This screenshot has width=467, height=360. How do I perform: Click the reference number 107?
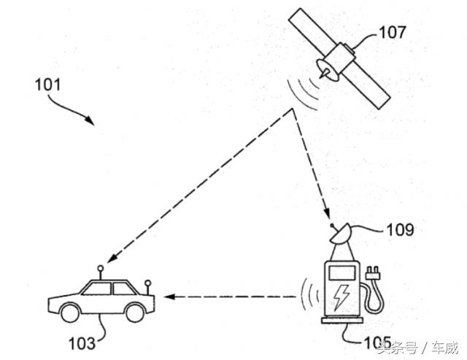393,31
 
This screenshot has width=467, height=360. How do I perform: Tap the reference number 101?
50,83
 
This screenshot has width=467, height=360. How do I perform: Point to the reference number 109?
401,230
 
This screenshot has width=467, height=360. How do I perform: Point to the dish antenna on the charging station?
341,235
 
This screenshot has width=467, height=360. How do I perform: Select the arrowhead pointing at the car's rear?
169,297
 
